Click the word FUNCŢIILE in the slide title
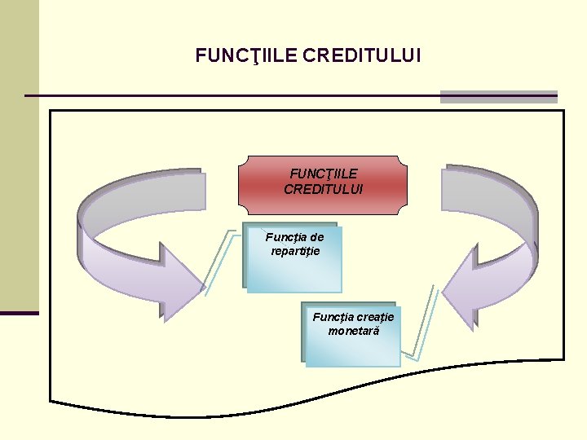246,56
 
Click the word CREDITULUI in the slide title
361,56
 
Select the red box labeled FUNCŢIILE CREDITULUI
323,184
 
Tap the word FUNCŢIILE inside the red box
324,174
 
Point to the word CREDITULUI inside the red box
324,188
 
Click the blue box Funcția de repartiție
293,259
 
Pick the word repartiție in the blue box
295,251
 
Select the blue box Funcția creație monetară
352,336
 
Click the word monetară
353,331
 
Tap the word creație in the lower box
375,317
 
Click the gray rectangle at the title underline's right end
498,96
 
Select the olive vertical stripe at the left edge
19,155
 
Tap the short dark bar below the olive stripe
19,313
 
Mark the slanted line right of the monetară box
425,322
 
